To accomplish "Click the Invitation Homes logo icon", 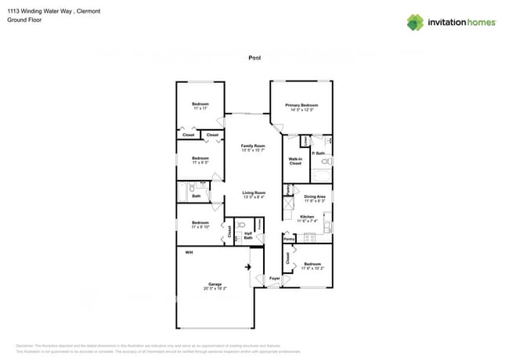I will tap(415, 22).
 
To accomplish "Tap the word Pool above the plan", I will tap(254, 57).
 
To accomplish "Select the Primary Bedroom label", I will tap(301, 107).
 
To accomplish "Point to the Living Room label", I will tap(253, 195).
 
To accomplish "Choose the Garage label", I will tap(215, 286).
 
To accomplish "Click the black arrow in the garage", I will tap(248, 268).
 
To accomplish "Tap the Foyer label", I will tap(275, 278).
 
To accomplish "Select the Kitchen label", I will tap(307, 218).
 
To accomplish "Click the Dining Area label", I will tap(314, 199).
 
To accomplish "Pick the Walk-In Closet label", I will tap(295, 161).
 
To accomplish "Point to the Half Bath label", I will tap(247, 235).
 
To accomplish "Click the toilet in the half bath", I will tap(242, 224).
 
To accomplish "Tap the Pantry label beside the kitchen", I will tap(288, 239).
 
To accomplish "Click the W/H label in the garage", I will tap(189, 253).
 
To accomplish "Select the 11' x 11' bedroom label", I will tap(200, 106).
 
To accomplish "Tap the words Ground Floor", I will tap(24, 20).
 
